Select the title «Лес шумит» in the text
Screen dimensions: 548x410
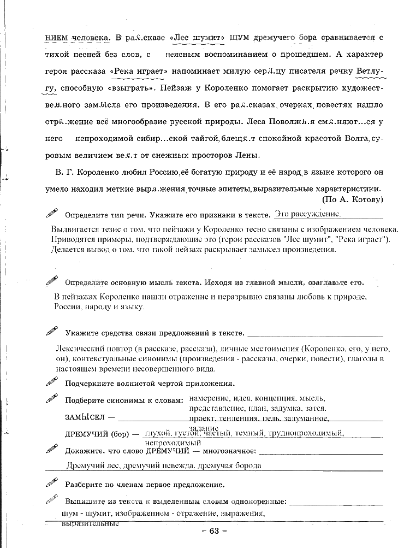coord(198,38)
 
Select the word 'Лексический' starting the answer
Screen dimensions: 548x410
coord(78,348)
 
